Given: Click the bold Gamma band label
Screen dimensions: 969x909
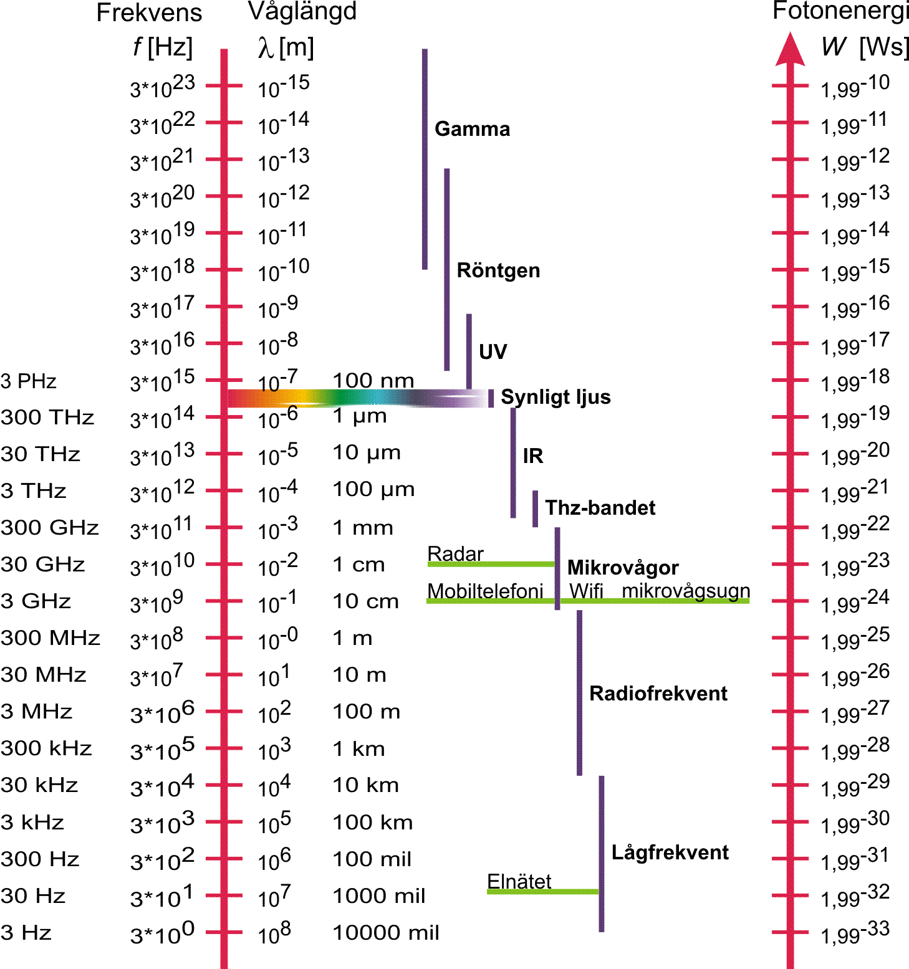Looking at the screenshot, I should coord(472,129).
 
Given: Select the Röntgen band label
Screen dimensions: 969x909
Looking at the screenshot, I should coord(498,270).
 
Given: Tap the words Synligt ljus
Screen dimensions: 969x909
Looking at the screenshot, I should coord(555,397).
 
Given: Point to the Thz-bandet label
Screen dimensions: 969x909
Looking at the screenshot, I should coord(600,508).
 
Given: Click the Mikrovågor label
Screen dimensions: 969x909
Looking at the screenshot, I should coord(623,568).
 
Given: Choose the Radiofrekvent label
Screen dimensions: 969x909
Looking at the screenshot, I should coord(658,694).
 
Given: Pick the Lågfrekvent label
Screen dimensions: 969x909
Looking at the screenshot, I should coord(670,852).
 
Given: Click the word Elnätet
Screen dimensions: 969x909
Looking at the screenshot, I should coord(519,881).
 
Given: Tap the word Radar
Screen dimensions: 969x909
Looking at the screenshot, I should coord(455,553).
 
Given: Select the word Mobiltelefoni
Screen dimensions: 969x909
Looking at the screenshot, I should coord(485,591).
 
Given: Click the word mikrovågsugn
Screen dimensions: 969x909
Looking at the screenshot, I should coord(686,591).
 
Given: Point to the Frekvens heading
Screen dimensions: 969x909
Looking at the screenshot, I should coord(149,13).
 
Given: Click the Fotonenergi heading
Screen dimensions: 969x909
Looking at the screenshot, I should coord(840,11).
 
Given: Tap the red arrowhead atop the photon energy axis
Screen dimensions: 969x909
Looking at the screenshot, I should coord(790,50).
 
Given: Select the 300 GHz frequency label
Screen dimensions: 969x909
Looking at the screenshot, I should coord(50,528).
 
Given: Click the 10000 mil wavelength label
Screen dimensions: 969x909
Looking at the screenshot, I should coord(386,933).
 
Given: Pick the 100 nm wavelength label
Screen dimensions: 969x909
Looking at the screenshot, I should coord(373,380).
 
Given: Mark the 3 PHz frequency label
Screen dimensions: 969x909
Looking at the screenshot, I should coord(29,381).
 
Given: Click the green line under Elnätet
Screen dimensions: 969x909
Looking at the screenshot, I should coord(542,892).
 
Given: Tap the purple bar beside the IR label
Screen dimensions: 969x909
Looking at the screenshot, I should coord(513,462).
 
